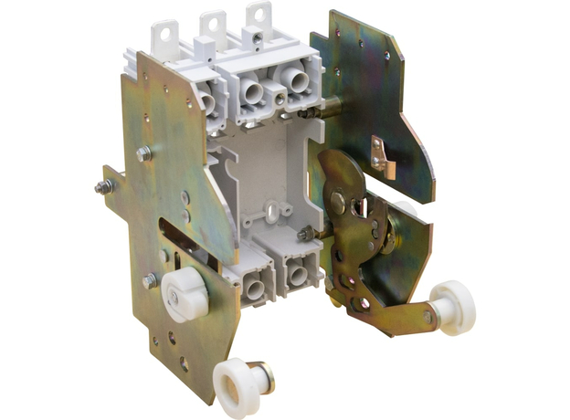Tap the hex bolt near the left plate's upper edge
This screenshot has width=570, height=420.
[143, 154]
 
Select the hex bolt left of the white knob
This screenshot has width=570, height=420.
[150, 281]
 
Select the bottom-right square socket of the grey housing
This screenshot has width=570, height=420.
[296, 273]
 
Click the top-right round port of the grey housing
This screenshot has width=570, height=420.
[299, 82]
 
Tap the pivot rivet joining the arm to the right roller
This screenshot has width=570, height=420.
[427, 317]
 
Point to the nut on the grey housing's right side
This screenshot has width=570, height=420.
[301, 235]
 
